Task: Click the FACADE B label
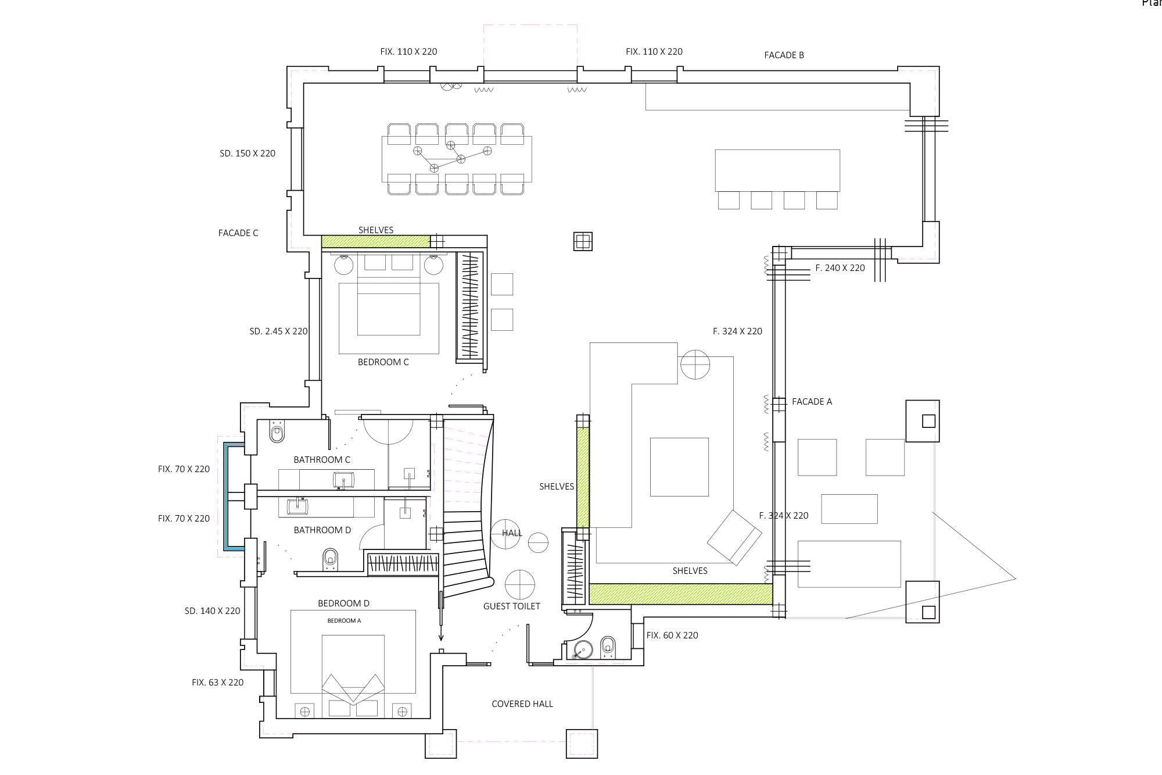[x=784, y=55]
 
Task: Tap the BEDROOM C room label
[x=383, y=362]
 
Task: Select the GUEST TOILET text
[x=512, y=606]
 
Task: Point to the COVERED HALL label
[x=522, y=704]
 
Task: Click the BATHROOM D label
[x=322, y=530]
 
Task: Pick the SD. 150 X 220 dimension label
[x=248, y=153]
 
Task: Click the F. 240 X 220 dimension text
[x=840, y=268]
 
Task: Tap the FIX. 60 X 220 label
[x=672, y=635]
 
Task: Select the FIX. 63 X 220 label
[x=218, y=683]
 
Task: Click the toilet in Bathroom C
[x=277, y=433]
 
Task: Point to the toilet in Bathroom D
[x=330, y=559]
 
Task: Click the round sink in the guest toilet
[x=582, y=650]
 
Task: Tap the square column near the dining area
[x=583, y=241]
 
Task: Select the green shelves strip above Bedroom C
[x=376, y=241]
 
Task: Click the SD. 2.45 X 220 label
[x=278, y=331]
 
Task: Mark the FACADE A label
[x=812, y=402]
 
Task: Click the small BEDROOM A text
[x=344, y=621]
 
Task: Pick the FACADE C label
[x=238, y=233]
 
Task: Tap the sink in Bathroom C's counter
[x=344, y=481]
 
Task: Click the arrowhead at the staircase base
[x=441, y=637]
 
